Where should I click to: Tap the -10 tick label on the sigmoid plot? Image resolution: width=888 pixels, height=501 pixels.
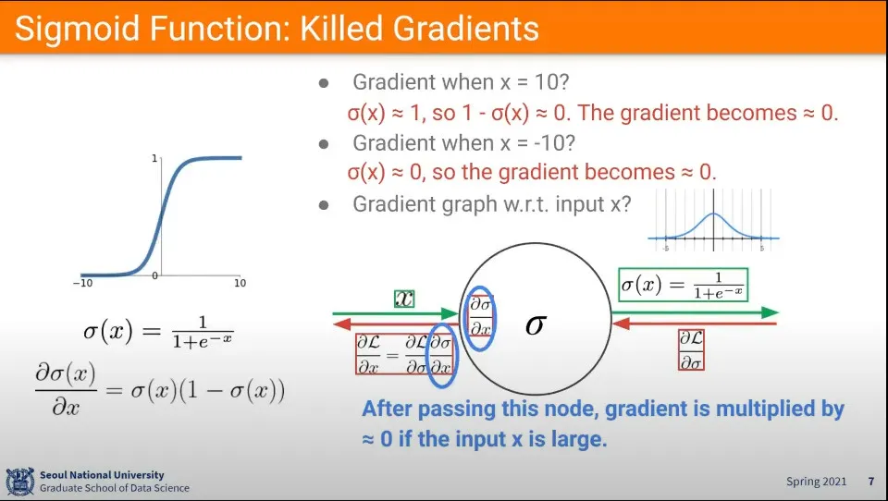pos(82,283)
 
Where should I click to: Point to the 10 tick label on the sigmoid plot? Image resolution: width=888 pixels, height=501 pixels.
pos(240,283)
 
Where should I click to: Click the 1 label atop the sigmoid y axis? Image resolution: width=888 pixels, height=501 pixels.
pos(154,158)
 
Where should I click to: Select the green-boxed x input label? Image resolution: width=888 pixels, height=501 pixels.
pos(404,299)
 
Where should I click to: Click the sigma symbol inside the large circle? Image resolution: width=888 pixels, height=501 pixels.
pos(536,324)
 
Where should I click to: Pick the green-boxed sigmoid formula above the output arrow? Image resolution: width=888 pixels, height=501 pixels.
pos(684,284)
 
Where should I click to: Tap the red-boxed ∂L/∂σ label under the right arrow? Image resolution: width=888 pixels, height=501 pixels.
pos(691,349)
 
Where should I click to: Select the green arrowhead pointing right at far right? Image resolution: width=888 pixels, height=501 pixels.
pos(771,312)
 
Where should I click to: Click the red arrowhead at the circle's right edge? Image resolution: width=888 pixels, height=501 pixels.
pos(621,324)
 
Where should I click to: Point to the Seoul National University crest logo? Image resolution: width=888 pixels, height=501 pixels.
pos(20,482)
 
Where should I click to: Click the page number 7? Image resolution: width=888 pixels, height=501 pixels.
pos(871,482)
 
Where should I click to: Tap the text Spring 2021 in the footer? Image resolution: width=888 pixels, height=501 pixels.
pos(816,482)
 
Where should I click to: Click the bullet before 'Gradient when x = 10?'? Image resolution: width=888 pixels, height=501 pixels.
pos(324,83)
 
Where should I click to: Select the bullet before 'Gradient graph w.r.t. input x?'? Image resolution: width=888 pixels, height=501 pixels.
pos(324,205)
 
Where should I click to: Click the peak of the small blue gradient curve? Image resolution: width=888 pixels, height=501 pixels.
pos(713,214)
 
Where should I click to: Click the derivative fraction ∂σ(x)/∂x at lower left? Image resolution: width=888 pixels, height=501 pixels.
pos(66,389)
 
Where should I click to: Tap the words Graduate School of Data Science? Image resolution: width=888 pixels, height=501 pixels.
pos(115,488)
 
